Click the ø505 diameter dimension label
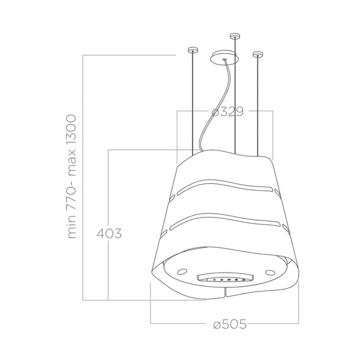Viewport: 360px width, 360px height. coord(230,324)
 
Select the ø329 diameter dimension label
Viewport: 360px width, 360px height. coord(227,111)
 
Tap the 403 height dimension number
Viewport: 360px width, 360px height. coord(109,234)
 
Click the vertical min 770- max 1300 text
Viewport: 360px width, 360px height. coord(72,177)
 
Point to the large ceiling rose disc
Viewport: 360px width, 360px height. coord(224,58)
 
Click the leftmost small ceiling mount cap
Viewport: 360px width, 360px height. coord(192,50)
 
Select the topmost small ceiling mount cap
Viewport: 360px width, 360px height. coord(235,36)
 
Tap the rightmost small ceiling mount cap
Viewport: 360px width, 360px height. coord(258,54)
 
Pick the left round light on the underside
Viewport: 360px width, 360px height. coord(182,271)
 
